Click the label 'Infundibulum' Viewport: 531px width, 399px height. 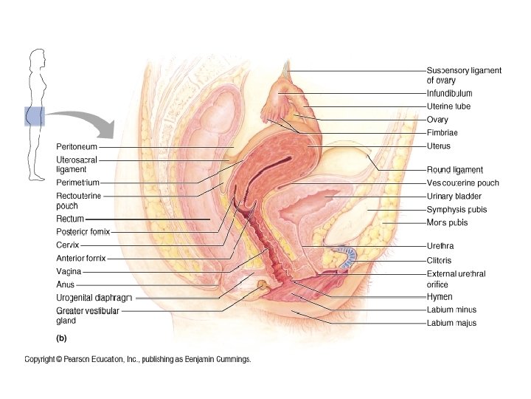(449, 94)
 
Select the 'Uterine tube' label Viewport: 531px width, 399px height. (448, 106)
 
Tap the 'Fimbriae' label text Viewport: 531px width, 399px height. (442, 133)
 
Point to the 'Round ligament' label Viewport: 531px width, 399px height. (455, 170)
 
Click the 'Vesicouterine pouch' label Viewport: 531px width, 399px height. (462, 183)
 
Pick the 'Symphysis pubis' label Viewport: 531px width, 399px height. (457, 210)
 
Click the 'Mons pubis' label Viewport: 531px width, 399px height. (447, 222)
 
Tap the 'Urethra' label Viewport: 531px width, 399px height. (440, 246)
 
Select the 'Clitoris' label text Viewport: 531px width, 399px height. (440, 260)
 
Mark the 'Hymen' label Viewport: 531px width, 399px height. (440, 296)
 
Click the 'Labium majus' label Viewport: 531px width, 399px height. (451, 323)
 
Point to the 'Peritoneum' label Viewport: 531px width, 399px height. (77, 147)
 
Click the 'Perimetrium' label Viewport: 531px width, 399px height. (77, 182)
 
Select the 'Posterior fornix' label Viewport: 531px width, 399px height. (83, 231)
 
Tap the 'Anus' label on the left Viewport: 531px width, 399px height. (66, 284)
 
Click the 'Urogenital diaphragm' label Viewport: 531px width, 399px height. (94, 298)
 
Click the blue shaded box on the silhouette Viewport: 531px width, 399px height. (35, 116)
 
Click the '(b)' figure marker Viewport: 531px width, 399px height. (62, 338)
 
